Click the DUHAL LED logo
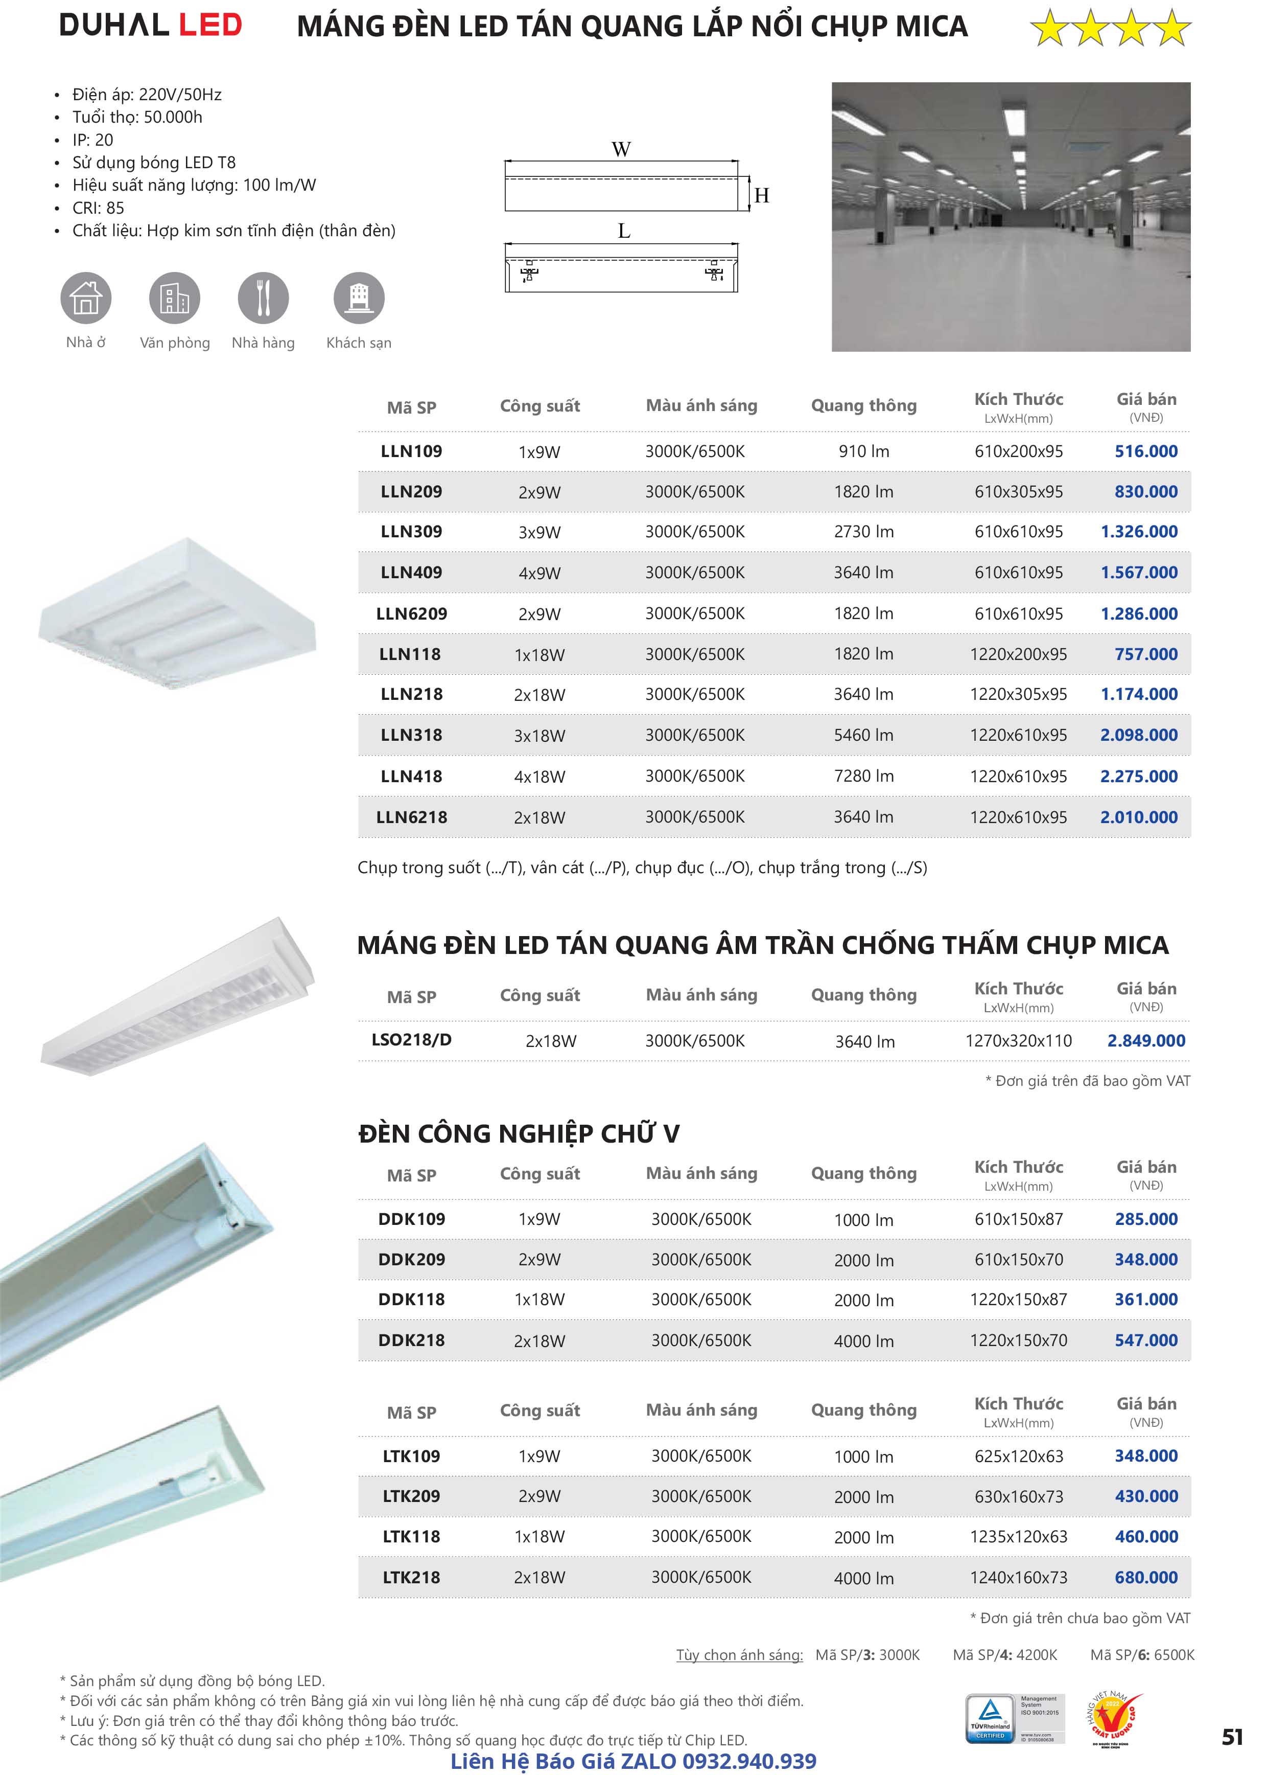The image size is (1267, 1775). [151, 25]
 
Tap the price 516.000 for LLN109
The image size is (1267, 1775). [1145, 451]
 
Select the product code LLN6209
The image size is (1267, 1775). [411, 613]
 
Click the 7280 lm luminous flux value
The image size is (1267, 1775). [863, 776]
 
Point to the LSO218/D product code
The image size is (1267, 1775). [411, 1040]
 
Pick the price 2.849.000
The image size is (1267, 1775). [1145, 1040]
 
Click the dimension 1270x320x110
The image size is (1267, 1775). [1018, 1040]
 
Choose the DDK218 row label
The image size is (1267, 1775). [411, 1340]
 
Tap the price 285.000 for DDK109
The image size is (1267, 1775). [1145, 1219]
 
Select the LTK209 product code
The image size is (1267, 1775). [411, 1496]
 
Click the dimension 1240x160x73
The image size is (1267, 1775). [1018, 1578]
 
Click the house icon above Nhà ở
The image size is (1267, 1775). [86, 298]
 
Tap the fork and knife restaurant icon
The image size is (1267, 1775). [263, 298]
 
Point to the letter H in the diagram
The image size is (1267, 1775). [761, 195]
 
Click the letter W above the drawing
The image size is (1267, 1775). [621, 149]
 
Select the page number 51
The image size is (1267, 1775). [1232, 1737]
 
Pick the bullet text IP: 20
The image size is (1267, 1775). [93, 140]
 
